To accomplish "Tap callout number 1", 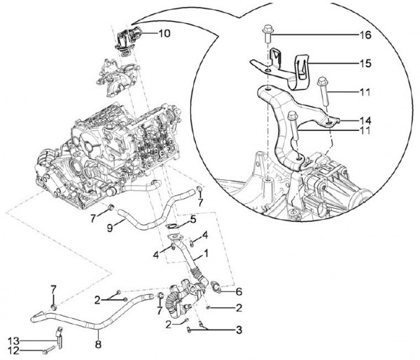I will pyautogui.click(x=206, y=251).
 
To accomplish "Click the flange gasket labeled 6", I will pyautogui.click(x=218, y=286).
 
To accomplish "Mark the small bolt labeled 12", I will pyautogui.click(x=46, y=349).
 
